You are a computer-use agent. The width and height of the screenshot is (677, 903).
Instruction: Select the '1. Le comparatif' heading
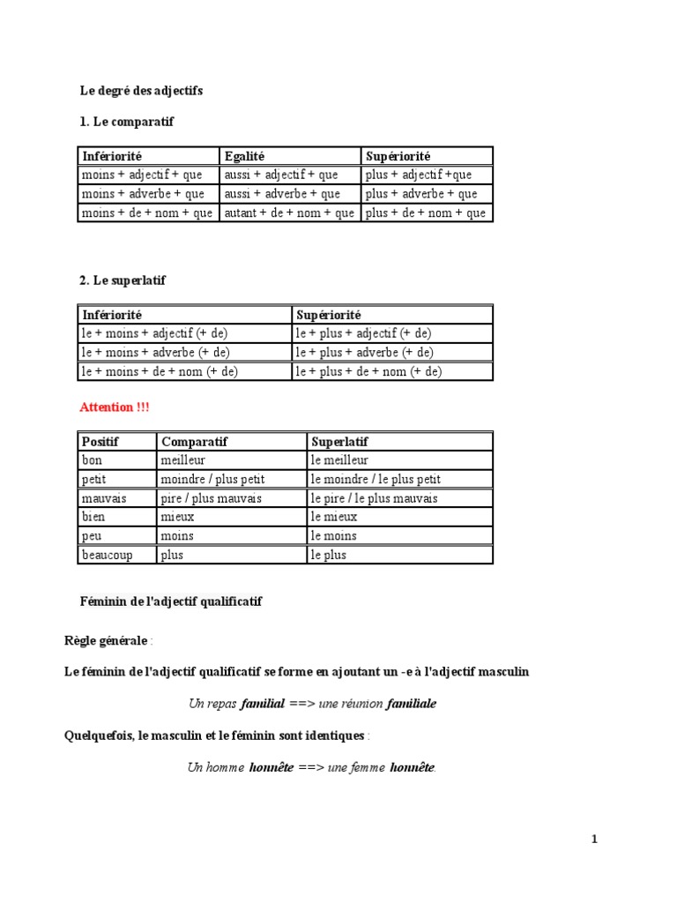click(127, 122)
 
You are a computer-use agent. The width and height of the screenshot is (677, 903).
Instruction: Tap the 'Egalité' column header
click(244, 156)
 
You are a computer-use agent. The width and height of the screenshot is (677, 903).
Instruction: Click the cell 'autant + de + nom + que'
click(289, 213)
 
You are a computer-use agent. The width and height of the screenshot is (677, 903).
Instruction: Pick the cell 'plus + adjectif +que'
click(419, 175)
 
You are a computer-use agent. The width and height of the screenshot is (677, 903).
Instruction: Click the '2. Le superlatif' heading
click(123, 280)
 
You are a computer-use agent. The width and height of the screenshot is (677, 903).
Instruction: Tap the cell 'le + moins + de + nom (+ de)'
click(160, 372)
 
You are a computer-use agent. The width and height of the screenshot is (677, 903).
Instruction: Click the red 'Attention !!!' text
click(115, 407)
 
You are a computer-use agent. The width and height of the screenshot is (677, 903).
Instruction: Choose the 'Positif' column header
click(100, 441)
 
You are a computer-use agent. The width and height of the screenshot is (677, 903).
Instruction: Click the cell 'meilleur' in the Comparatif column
click(183, 460)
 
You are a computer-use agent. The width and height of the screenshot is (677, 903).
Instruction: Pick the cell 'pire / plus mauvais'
click(211, 498)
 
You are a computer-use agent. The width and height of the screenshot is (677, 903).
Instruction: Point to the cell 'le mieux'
click(334, 517)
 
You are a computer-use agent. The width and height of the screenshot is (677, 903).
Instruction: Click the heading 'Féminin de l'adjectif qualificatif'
click(171, 601)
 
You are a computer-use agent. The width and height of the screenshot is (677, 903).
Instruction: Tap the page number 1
click(594, 840)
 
